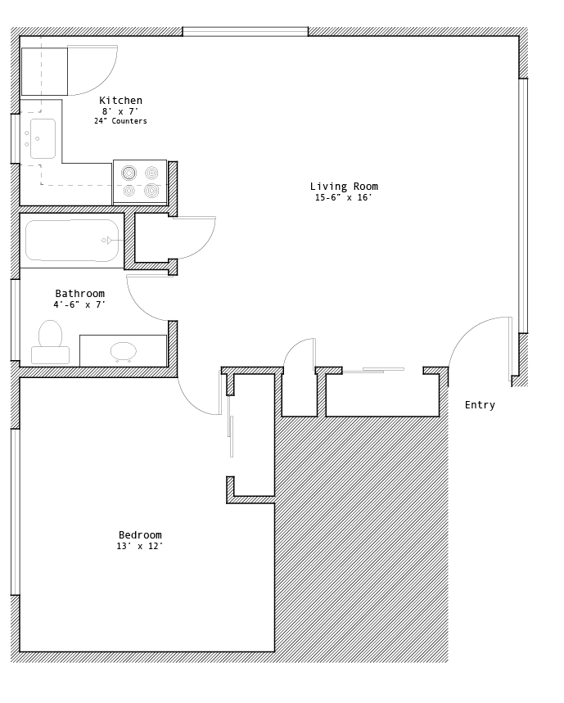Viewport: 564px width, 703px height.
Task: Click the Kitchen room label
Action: (x=120, y=101)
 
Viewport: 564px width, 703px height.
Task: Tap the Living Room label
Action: (x=344, y=187)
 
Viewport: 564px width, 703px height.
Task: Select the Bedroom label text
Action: (x=140, y=535)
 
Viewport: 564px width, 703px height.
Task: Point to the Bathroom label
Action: (x=79, y=294)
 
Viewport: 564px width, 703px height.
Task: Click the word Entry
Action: (x=480, y=405)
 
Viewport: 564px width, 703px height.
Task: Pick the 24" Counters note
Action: (x=120, y=121)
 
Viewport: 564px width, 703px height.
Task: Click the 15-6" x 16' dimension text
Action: (x=344, y=198)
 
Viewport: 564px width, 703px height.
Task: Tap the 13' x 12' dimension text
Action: (x=140, y=546)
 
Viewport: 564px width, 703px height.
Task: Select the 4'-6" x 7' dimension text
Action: (x=79, y=305)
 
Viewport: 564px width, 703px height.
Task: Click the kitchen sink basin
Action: (x=43, y=138)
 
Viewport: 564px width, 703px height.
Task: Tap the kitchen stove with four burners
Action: (x=140, y=182)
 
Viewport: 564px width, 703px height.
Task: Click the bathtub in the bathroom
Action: (x=72, y=241)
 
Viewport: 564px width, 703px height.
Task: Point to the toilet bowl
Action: (x=50, y=334)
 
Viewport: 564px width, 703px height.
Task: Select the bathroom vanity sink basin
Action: (x=124, y=352)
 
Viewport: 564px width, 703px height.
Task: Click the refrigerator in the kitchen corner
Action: (x=44, y=72)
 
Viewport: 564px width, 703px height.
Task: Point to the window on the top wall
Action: (x=246, y=31)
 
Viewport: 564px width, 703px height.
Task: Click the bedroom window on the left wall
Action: (x=16, y=512)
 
